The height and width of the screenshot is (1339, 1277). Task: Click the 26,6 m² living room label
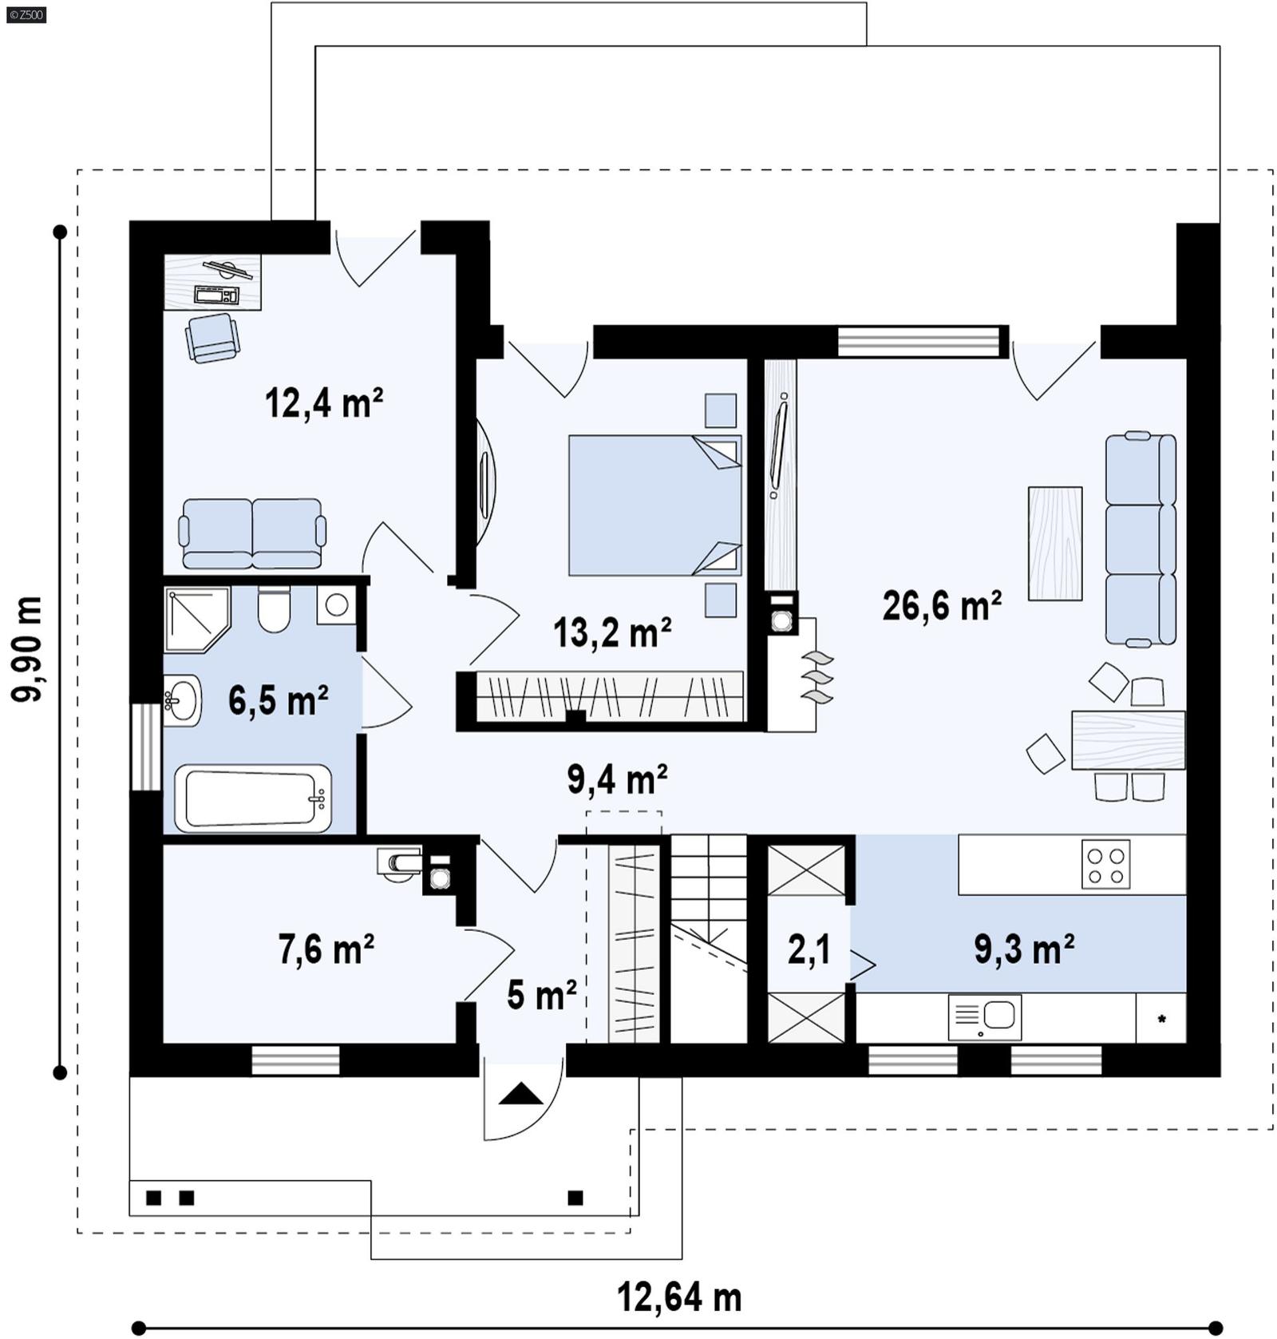pyautogui.click(x=941, y=606)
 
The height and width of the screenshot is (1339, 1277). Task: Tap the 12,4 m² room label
pyautogui.click(x=323, y=403)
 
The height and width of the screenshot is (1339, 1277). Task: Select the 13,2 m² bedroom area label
pyautogui.click(x=611, y=632)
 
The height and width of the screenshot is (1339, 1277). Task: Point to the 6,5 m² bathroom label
pyautogui.click(x=277, y=701)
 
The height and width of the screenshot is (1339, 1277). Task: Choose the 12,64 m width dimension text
pyautogui.click(x=678, y=1297)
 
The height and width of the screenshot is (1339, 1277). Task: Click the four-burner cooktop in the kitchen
pyautogui.click(x=1105, y=865)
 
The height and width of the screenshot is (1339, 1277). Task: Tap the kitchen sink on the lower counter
pyautogui.click(x=985, y=1017)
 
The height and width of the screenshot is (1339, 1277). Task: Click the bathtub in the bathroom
pyautogui.click(x=253, y=798)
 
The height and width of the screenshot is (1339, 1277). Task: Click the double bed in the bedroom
pyautogui.click(x=654, y=505)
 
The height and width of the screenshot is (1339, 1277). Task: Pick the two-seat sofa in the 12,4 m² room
pyautogui.click(x=252, y=533)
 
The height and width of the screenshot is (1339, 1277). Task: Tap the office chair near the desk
pyautogui.click(x=212, y=336)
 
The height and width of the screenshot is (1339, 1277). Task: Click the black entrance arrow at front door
pyautogui.click(x=521, y=1094)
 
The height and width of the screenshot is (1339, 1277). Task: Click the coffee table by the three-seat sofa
pyautogui.click(x=1055, y=543)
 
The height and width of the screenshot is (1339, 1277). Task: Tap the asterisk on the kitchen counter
pyautogui.click(x=1161, y=1020)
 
